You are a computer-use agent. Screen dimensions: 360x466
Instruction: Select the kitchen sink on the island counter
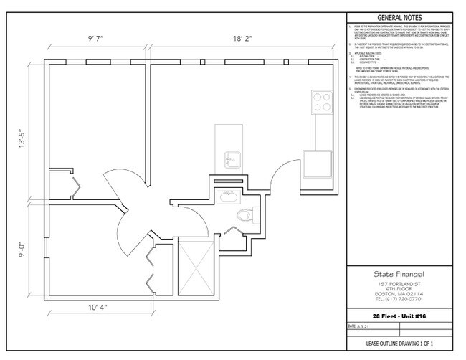[231, 158]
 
